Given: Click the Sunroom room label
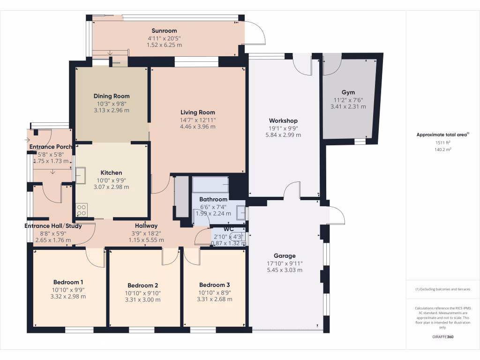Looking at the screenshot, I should click(x=164, y=31).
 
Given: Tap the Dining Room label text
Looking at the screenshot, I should click(x=112, y=96).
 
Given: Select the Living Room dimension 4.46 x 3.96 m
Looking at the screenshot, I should click(x=198, y=127).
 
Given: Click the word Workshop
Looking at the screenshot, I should click(x=283, y=120).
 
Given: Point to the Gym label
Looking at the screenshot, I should click(x=348, y=92).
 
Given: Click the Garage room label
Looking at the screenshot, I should click(x=285, y=255).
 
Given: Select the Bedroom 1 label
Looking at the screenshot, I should click(x=68, y=282).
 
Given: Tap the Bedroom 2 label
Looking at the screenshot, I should click(x=143, y=285).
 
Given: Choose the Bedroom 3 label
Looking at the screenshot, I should click(x=214, y=285).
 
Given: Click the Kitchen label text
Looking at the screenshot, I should click(x=111, y=172).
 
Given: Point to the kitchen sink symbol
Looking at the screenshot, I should click(x=80, y=175).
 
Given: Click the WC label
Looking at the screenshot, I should click(x=229, y=229).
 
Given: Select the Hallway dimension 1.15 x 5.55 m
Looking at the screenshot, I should click(x=146, y=240).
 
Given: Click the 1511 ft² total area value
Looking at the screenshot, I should click(x=443, y=142).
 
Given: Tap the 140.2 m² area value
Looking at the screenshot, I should click(x=443, y=150).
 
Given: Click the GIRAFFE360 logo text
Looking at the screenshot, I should click(x=443, y=337).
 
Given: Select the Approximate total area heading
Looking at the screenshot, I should click(x=442, y=135).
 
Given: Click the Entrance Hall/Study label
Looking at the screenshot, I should click(x=53, y=226).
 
